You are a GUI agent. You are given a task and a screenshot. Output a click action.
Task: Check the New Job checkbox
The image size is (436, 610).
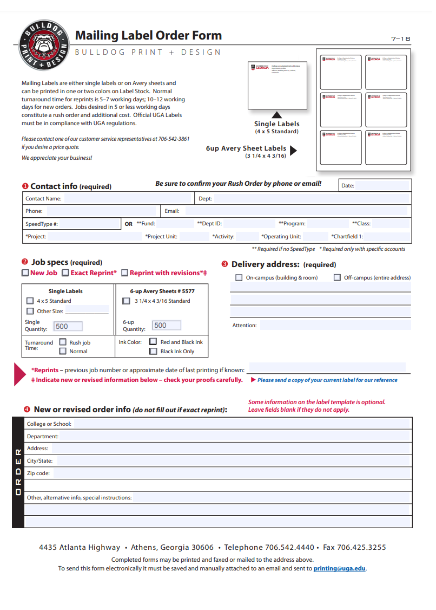[x=25, y=273]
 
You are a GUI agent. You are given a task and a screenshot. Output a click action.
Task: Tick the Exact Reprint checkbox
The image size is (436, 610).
[x=65, y=273]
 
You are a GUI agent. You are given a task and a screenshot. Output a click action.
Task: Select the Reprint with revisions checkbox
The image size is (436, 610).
[x=125, y=273]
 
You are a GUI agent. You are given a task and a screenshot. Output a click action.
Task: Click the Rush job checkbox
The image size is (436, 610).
[x=63, y=342]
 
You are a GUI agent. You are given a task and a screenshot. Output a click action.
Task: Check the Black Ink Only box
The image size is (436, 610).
[x=153, y=351]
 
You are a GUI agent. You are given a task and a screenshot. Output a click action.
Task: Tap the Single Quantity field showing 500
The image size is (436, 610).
[x=68, y=326]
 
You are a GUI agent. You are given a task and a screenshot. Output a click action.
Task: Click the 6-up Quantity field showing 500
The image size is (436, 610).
[x=167, y=326]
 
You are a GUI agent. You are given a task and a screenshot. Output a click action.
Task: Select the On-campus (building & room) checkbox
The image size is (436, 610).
[x=239, y=277]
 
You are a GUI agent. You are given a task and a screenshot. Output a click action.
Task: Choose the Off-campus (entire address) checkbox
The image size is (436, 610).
[x=337, y=277]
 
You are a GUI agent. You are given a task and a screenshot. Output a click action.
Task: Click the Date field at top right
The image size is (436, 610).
[x=382, y=185]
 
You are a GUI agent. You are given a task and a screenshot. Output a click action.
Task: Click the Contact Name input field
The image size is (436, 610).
[x=127, y=198]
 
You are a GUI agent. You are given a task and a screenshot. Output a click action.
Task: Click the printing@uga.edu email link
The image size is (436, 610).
[x=339, y=568]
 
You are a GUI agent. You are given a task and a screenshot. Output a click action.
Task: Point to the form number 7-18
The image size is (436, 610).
[x=401, y=38]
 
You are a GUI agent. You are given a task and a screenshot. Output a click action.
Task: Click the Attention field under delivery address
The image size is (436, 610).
[x=334, y=325]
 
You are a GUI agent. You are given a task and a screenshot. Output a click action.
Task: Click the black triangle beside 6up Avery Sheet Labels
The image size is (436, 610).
[x=294, y=151]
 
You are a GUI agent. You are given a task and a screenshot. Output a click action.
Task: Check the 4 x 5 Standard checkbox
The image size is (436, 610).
[x=30, y=301]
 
